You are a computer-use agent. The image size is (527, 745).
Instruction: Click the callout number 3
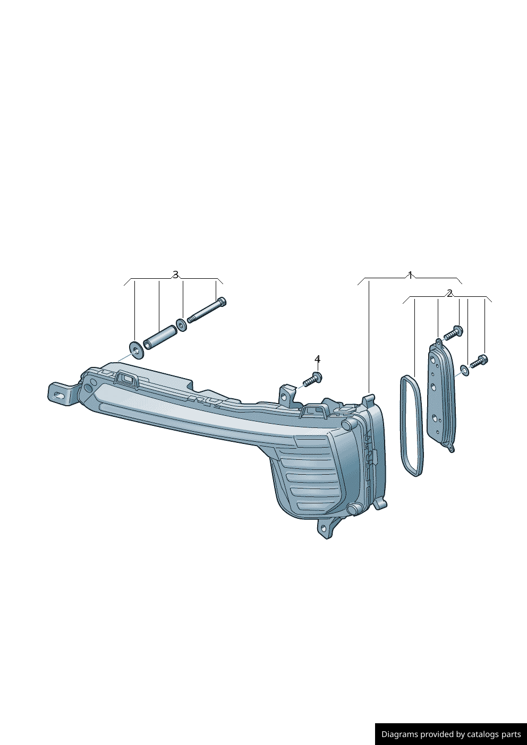tap(175, 275)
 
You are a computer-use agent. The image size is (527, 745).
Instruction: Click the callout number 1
tap(410, 275)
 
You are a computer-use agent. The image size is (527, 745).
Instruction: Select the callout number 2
tap(449, 293)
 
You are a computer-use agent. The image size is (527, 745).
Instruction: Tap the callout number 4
tap(317, 359)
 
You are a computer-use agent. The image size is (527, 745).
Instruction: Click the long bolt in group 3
tap(207, 310)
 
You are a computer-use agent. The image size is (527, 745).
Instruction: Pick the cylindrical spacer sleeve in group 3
tap(160, 337)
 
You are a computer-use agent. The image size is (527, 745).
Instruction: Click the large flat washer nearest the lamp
tap(136, 349)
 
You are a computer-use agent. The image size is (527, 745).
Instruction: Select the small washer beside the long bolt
tap(182, 324)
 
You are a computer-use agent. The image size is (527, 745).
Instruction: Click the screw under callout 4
tap(312, 380)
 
